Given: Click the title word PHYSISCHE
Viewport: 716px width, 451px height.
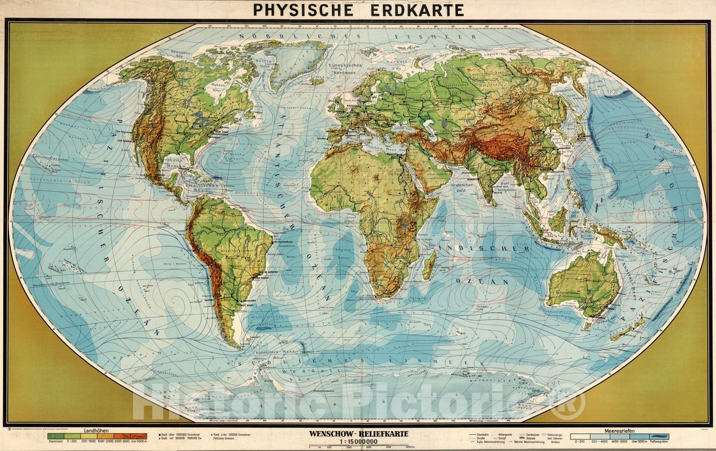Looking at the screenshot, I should coord(305,10).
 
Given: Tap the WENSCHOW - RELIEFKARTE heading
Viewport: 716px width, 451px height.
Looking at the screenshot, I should coord(358,434).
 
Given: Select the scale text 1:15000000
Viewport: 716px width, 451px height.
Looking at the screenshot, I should coord(358,441).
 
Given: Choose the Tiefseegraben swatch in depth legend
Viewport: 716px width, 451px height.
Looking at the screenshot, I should coord(659,436).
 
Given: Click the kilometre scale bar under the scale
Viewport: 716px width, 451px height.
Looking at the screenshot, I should coord(358,446).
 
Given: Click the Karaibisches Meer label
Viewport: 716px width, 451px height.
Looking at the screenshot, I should coord(202,187).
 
